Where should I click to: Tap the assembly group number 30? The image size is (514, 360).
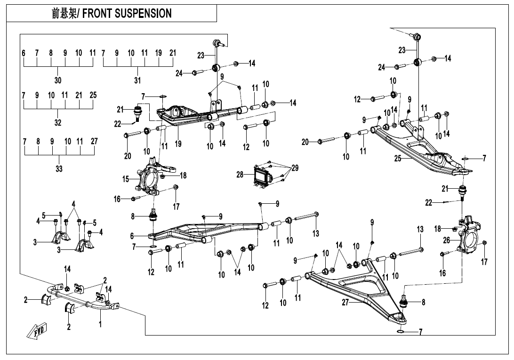click(x=57, y=80)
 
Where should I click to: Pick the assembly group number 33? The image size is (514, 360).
click(x=59, y=168)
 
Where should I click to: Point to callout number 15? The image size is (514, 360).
click(x=126, y=179)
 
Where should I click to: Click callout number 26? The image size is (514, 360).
click(x=446, y=240)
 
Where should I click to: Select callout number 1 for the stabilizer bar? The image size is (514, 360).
click(x=100, y=324)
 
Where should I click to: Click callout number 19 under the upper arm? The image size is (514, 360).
click(x=178, y=144)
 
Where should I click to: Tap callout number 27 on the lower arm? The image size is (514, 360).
click(x=345, y=303)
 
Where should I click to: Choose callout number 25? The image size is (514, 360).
click(x=398, y=159)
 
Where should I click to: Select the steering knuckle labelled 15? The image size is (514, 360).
click(x=151, y=180)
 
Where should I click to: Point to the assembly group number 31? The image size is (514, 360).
click(x=137, y=80)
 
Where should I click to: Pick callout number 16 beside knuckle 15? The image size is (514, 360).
click(x=117, y=199)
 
